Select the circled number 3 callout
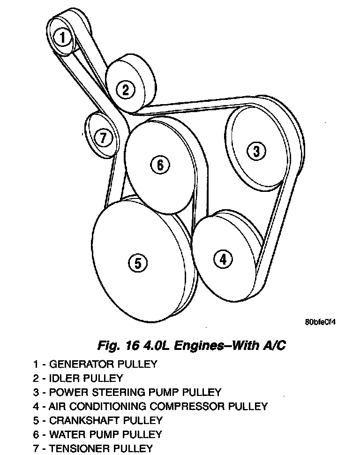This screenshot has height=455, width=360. coord(256,151)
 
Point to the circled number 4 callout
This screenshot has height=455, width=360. coord(223,259)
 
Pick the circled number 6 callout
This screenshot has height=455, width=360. coord(159,165)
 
